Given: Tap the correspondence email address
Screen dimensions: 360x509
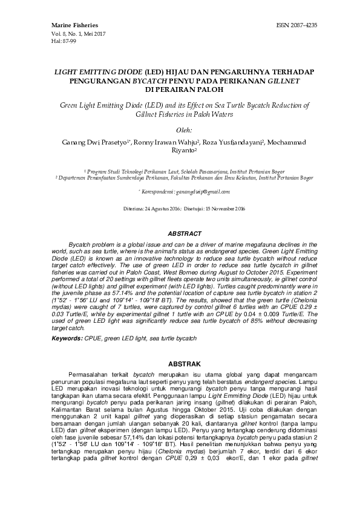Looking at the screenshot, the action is click(x=198, y=191).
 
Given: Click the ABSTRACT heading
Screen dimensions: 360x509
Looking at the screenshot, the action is click(x=180, y=233).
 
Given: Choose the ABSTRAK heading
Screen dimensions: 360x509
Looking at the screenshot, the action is click(x=180, y=348).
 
